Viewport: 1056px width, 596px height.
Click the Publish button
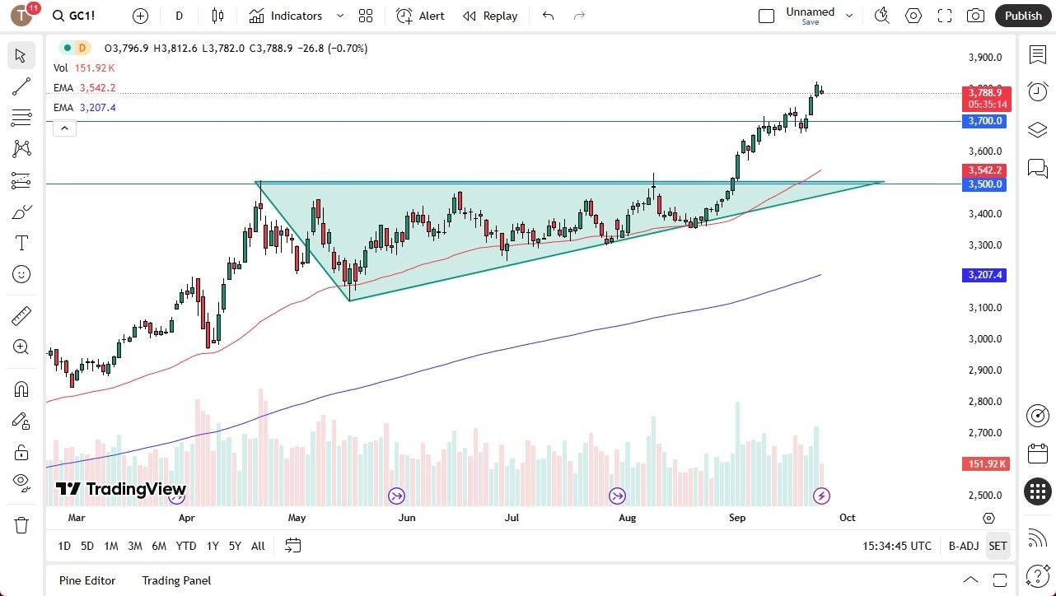click(1023, 16)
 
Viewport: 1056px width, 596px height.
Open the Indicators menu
click(286, 16)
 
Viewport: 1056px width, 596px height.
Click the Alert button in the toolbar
click(420, 16)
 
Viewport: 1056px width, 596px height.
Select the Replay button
click(490, 16)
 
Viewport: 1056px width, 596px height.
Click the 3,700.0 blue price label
click(985, 121)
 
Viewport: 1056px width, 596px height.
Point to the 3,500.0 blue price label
click(985, 184)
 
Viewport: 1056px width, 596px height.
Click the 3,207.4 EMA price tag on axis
click(985, 275)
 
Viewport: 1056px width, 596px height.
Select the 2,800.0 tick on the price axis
click(985, 402)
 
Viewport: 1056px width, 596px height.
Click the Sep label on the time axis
click(737, 518)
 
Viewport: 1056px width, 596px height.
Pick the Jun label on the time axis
click(406, 518)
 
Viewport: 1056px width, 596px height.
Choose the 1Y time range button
click(213, 546)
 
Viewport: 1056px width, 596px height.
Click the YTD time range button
click(186, 546)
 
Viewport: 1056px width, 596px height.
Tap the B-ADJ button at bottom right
click(963, 546)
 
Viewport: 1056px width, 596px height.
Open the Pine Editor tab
click(87, 580)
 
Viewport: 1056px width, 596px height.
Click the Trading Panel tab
click(176, 580)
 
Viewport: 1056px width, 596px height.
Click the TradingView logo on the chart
click(121, 489)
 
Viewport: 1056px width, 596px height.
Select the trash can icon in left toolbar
click(21, 524)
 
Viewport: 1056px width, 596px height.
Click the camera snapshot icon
click(975, 16)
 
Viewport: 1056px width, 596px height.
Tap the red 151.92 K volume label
click(985, 464)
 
